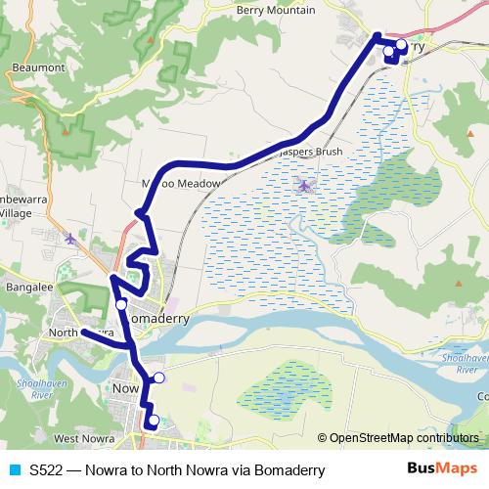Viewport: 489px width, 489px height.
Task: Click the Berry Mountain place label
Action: pyautogui.click(x=276, y=10)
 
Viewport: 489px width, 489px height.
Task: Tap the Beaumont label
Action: pyautogui.click(x=39, y=68)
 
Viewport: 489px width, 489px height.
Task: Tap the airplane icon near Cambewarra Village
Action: pyautogui.click(x=69, y=237)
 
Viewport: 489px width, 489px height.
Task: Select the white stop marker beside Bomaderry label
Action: pyautogui.click(x=121, y=305)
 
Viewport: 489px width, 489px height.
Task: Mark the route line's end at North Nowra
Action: pyautogui.click(x=82, y=331)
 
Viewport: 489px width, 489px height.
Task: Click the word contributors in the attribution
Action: pyautogui.click(x=448, y=437)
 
